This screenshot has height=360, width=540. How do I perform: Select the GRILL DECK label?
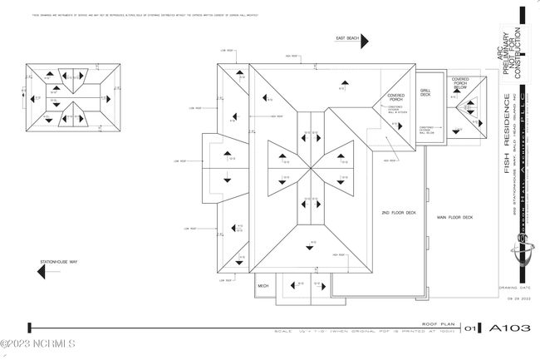tap(425, 93)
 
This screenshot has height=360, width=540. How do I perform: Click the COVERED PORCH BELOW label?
tap(459, 82)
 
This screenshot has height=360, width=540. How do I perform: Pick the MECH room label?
tap(263, 286)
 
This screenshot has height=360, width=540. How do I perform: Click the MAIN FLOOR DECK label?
tap(454, 218)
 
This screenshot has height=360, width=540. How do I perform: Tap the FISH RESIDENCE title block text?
tap(508, 129)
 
